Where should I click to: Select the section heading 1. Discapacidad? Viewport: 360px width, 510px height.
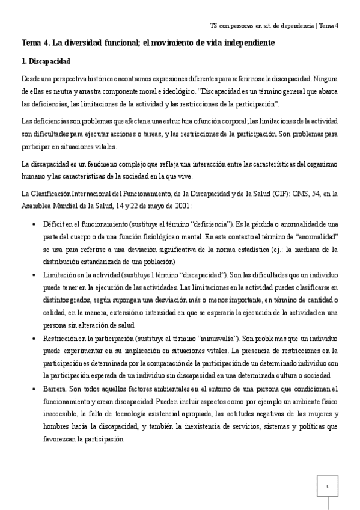pos(46,61)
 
